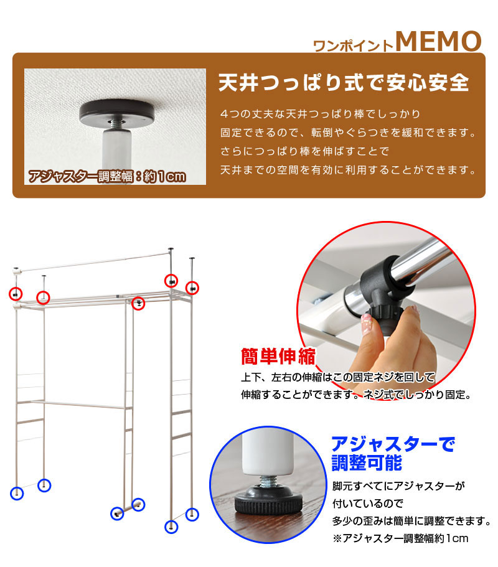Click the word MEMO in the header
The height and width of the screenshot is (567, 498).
tap(438, 41)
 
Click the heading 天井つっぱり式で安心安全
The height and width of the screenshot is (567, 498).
tap(344, 83)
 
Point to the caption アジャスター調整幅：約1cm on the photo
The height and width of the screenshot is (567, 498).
tap(107, 177)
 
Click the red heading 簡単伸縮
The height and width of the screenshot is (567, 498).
tap(278, 357)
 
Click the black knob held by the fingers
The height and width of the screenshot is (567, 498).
tap(383, 318)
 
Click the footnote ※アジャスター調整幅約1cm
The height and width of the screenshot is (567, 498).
tap(400, 538)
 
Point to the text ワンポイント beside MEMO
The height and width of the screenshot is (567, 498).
tap(353, 45)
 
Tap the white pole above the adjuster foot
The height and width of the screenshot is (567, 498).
tap(267, 454)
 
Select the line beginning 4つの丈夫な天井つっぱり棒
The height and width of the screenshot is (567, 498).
tap(320, 114)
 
